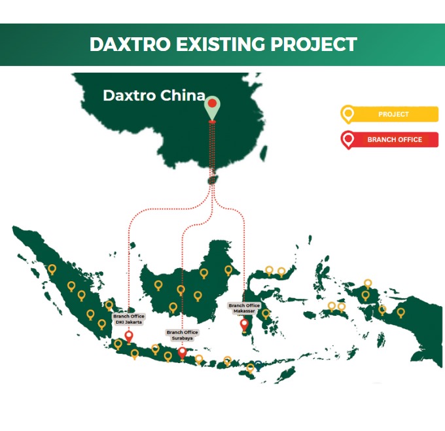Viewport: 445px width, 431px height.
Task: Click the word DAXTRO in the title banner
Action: coord(130,44)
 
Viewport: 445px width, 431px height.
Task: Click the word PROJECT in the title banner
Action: coord(313,44)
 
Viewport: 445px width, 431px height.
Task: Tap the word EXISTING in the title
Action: coord(221,44)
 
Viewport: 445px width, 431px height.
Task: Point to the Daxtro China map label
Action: coord(154,95)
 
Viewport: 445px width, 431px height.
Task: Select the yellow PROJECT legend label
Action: coord(393,114)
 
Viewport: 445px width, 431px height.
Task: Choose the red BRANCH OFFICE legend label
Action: coord(395,139)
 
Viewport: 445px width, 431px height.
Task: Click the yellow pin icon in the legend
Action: coord(347,114)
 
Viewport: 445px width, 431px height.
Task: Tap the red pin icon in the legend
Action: coord(347,140)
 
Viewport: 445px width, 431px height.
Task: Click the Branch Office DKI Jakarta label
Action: coord(129,319)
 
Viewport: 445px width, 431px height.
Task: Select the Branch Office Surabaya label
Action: coord(182,335)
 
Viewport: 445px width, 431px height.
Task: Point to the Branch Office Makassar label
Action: coord(244,308)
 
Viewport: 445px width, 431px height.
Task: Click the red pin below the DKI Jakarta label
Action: coord(129,337)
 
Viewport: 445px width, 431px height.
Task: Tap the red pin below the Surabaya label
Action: coord(182,353)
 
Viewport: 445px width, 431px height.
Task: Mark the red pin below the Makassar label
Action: coord(244,325)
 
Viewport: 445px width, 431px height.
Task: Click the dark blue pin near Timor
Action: coord(258,366)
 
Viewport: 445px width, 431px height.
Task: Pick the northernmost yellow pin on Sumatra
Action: coord(52,269)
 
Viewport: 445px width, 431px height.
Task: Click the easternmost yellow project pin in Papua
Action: coord(400,313)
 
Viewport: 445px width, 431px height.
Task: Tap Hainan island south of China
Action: coord(212,180)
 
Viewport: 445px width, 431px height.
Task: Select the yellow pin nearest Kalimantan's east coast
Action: coord(228,271)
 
